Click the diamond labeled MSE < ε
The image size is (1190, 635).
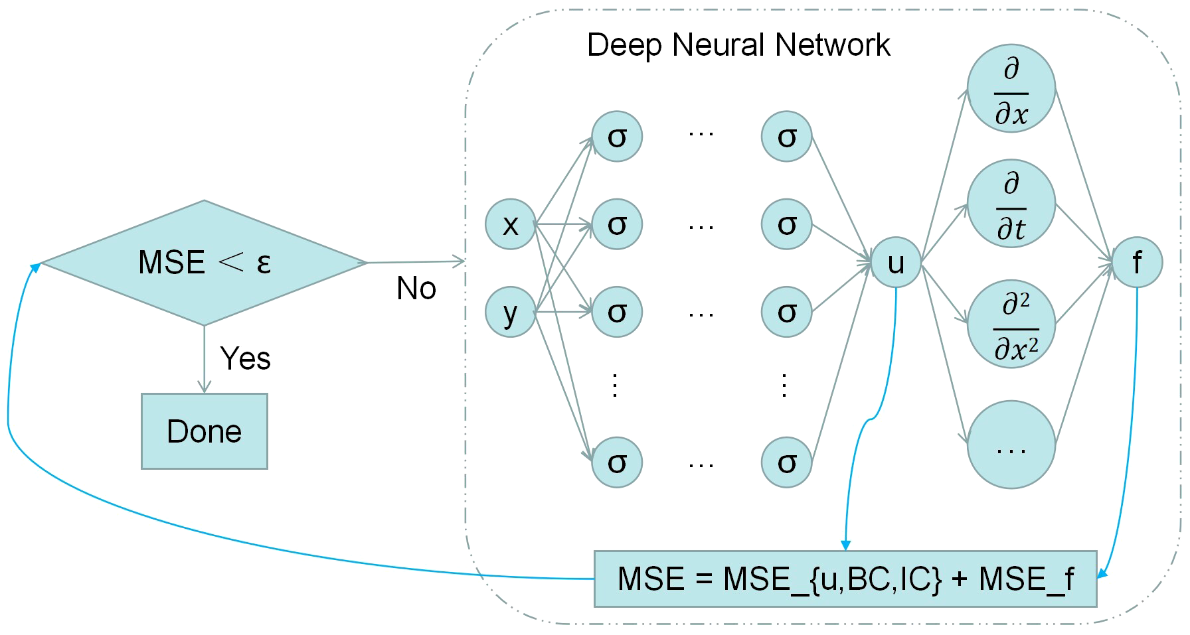[204, 263]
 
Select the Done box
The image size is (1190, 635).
[204, 431]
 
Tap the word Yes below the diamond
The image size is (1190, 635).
[245, 359]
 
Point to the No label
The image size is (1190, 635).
[416, 289]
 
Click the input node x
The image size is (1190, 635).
[510, 224]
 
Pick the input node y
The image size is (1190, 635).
[510, 312]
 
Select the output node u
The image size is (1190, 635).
[895, 263]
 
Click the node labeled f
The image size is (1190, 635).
[1137, 263]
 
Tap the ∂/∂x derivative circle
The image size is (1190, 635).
[1011, 88]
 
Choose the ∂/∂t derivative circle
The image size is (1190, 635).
[1011, 204]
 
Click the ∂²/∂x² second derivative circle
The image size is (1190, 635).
[1011, 324]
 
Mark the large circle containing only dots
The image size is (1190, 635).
[1011, 445]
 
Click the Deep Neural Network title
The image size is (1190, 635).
[738, 45]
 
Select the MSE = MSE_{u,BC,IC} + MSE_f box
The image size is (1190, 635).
[845, 579]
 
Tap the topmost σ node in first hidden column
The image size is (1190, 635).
[617, 137]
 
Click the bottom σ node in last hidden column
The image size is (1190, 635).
[786, 462]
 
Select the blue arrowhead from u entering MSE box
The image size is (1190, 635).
[845, 545]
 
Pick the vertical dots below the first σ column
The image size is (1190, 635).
[615, 385]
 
